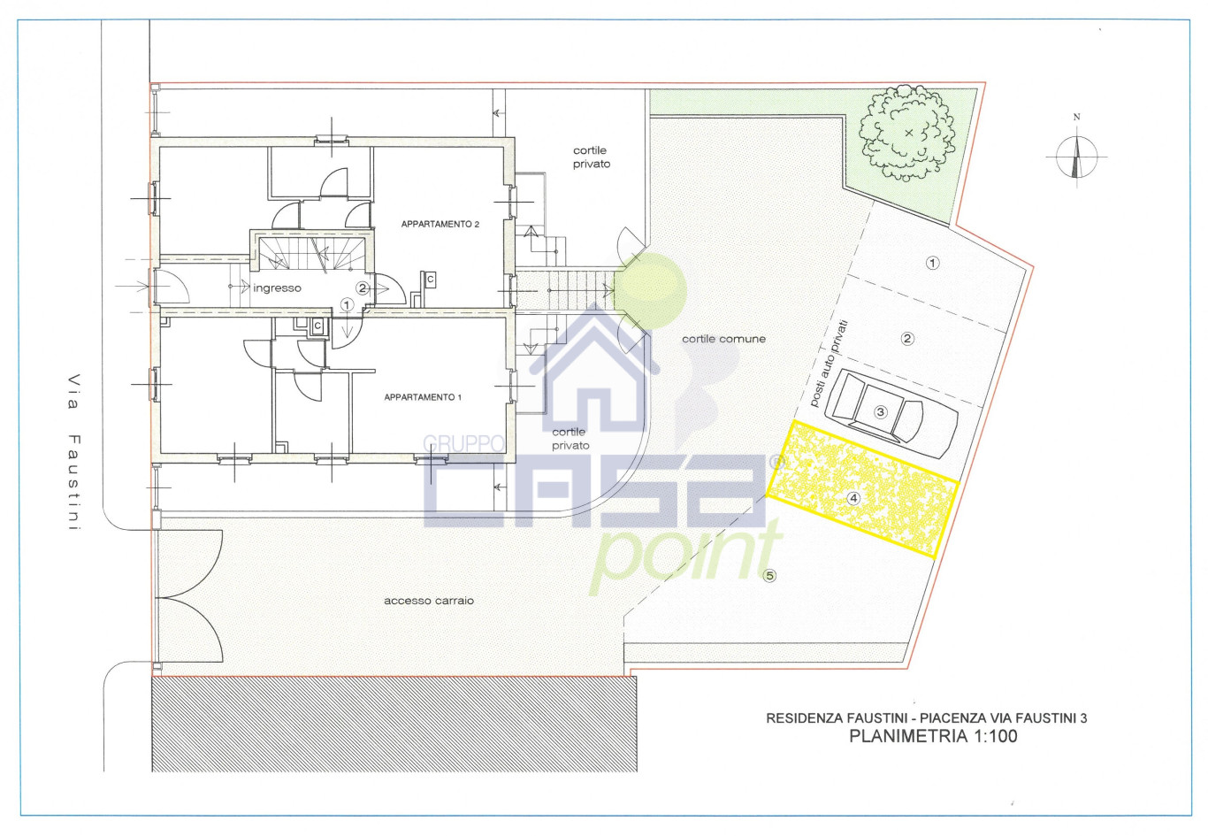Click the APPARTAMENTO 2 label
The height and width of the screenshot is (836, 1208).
click(440, 225)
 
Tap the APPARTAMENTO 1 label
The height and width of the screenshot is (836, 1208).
click(423, 397)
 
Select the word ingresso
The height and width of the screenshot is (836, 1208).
click(277, 288)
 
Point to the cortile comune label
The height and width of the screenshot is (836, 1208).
click(723, 339)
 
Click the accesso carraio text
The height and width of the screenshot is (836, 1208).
click(429, 601)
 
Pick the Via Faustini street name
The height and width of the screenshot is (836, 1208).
click(74, 452)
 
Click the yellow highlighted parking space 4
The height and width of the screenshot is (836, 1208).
click(861, 488)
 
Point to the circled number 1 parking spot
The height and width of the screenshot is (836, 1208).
click(932, 263)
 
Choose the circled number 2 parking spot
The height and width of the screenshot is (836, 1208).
click(907, 339)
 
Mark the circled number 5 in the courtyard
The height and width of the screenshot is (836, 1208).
click(769, 576)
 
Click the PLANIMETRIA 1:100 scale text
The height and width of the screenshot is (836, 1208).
click(934, 736)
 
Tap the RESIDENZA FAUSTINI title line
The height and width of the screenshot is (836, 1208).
click(927, 718)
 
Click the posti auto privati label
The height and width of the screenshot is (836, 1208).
click(829, 363)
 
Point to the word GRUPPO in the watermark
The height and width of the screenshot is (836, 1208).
click(463, 443)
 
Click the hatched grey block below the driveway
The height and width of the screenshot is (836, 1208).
click(394, 725)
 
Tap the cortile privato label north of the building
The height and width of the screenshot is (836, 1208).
click(591, 157)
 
